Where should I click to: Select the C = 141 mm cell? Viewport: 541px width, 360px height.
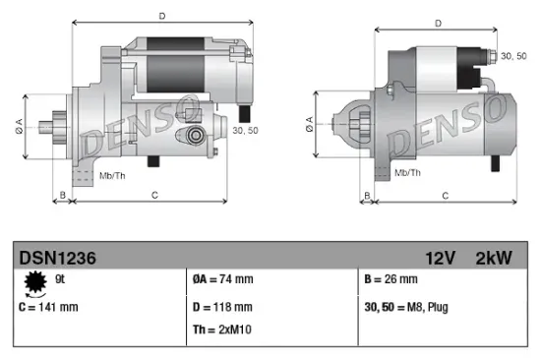48,307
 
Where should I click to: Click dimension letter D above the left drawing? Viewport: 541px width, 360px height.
161,15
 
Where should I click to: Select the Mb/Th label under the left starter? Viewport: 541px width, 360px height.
111,175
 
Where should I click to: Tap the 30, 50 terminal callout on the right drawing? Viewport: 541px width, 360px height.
513,57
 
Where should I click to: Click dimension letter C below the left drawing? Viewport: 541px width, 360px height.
154,195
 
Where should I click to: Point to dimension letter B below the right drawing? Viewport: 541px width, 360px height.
368,196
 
